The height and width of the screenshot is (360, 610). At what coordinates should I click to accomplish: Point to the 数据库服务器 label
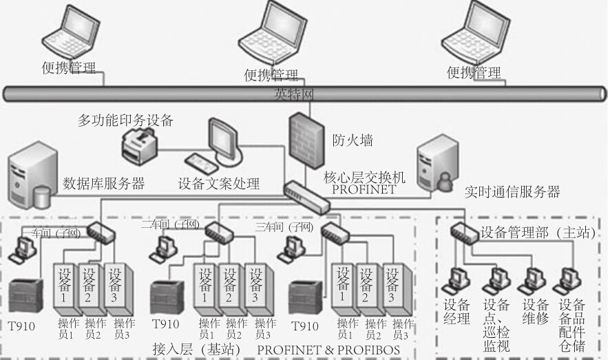point(103,183)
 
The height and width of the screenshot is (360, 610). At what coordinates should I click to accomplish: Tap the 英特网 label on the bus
point(288,93)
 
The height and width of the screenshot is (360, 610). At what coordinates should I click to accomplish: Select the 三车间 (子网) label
point(284,226)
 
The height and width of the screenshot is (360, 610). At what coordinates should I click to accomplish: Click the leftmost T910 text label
point(21,326)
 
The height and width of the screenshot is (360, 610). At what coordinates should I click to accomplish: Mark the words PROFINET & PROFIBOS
point(328,350)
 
